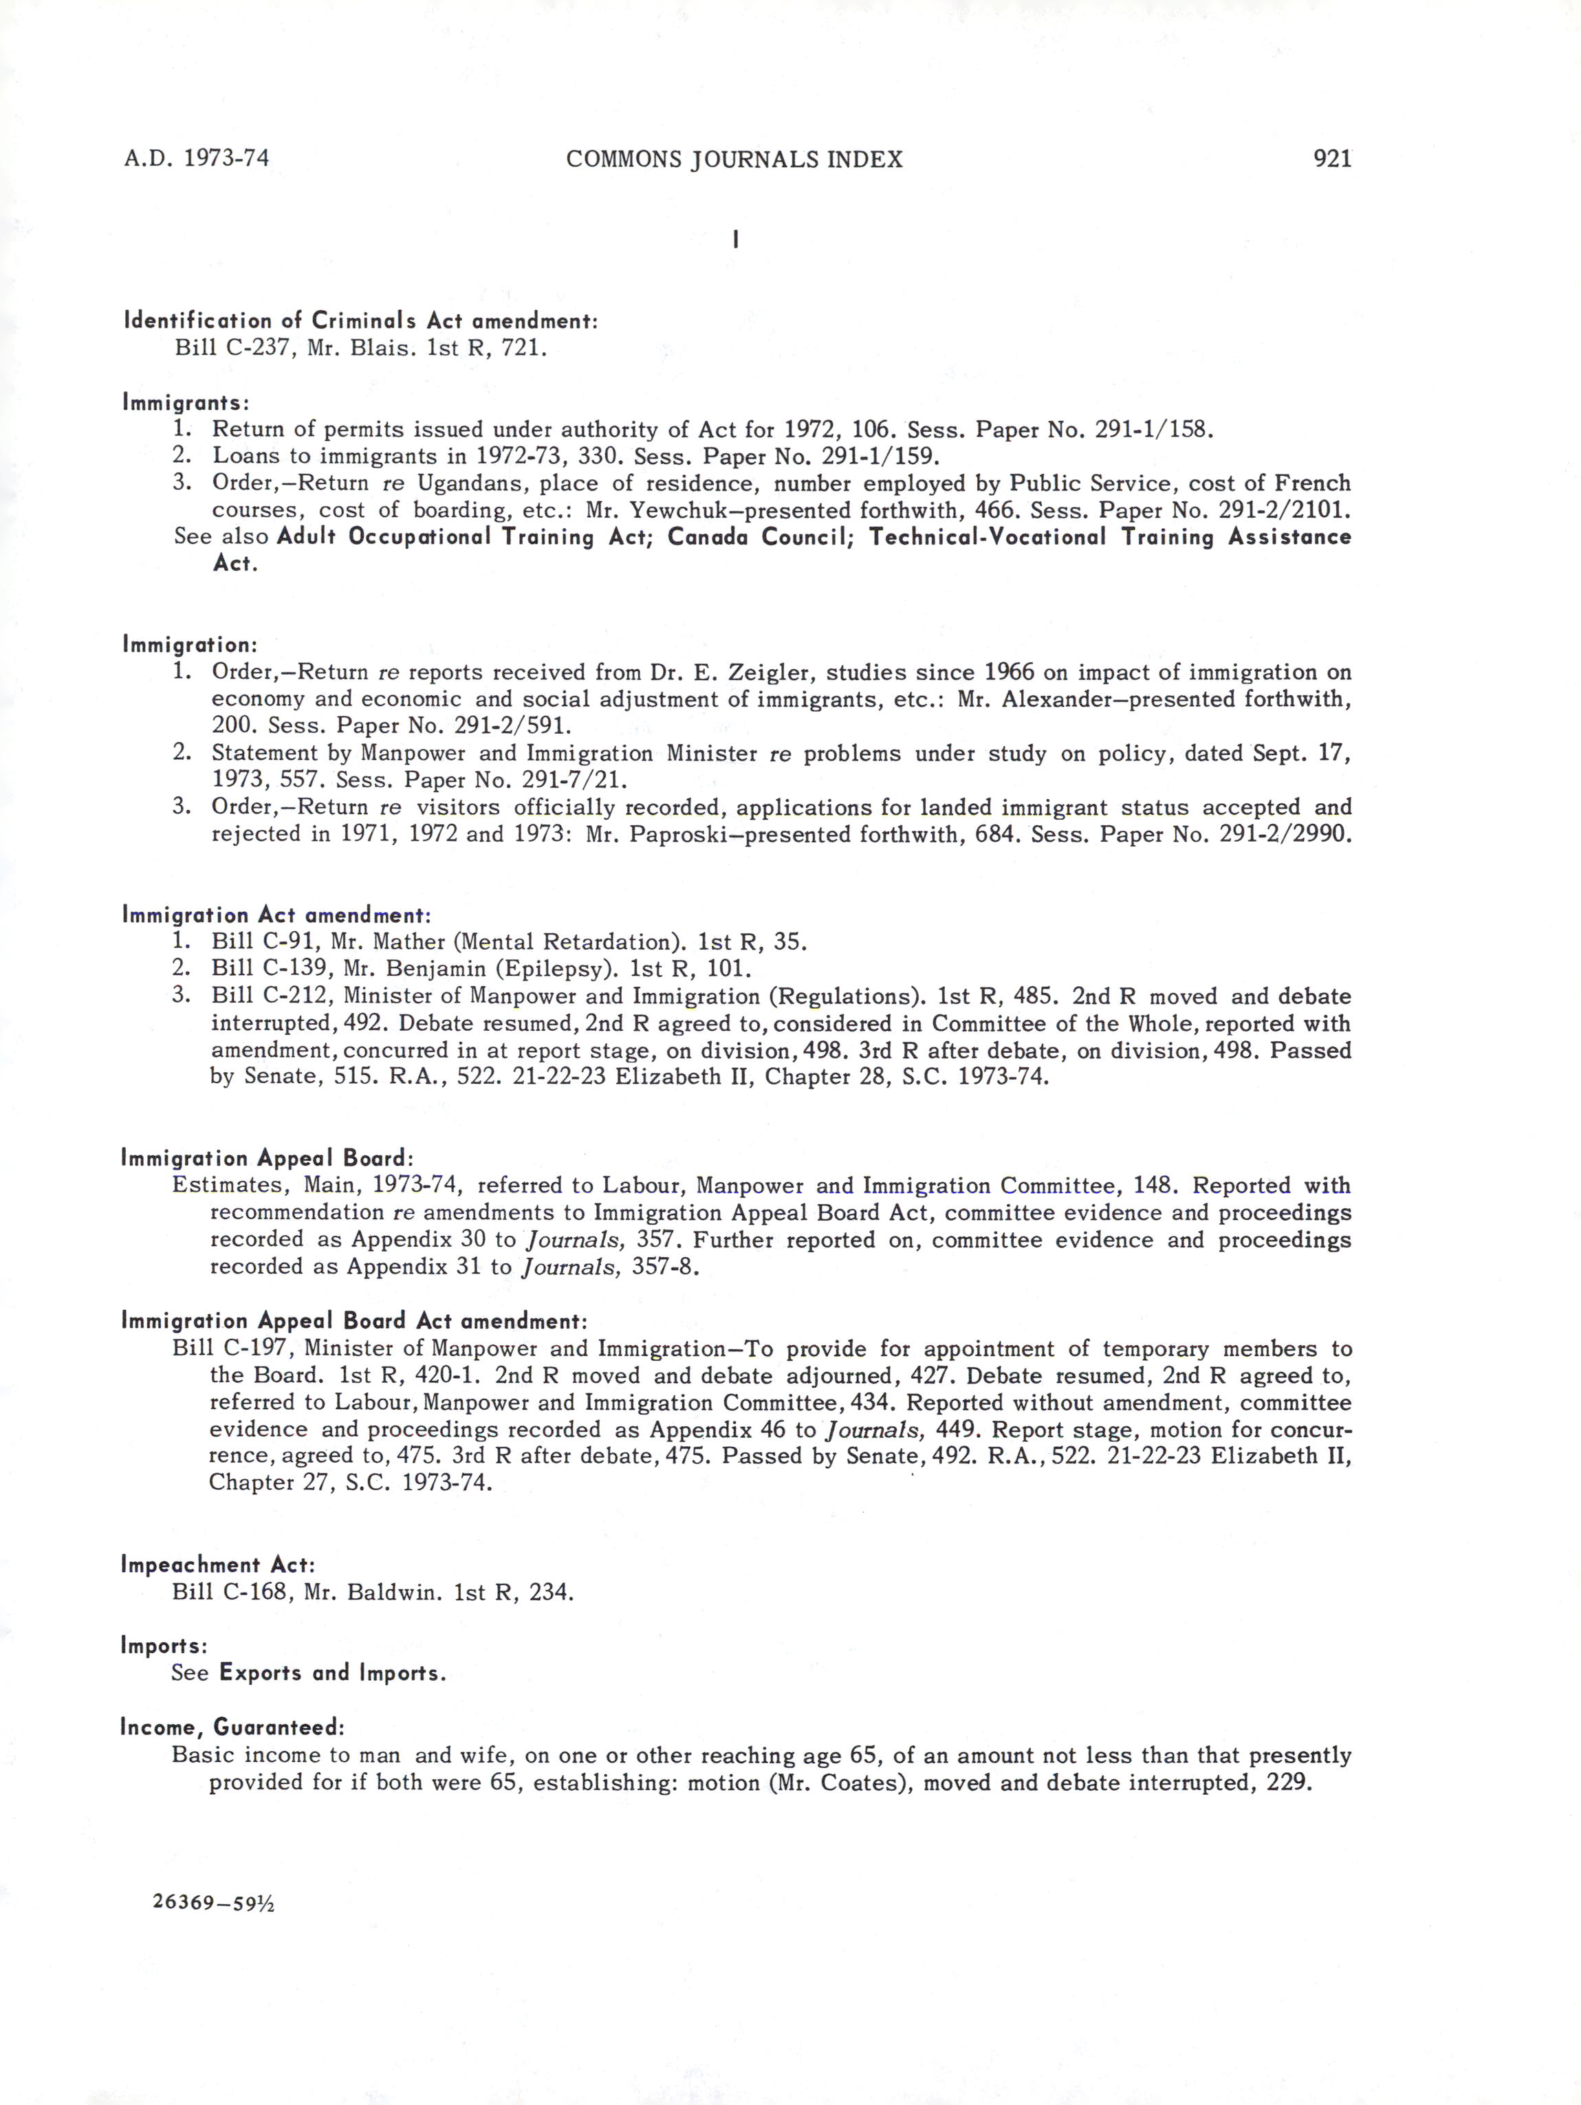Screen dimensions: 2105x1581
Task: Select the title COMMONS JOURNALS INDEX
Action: (734, 159)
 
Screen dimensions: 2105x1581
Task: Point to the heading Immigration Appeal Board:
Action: (268, 1158)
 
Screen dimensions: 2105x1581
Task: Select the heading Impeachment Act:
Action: (218, 1564)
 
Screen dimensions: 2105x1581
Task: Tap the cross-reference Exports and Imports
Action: (331, 1673)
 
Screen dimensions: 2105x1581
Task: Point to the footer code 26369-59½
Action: (212, 1904)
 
